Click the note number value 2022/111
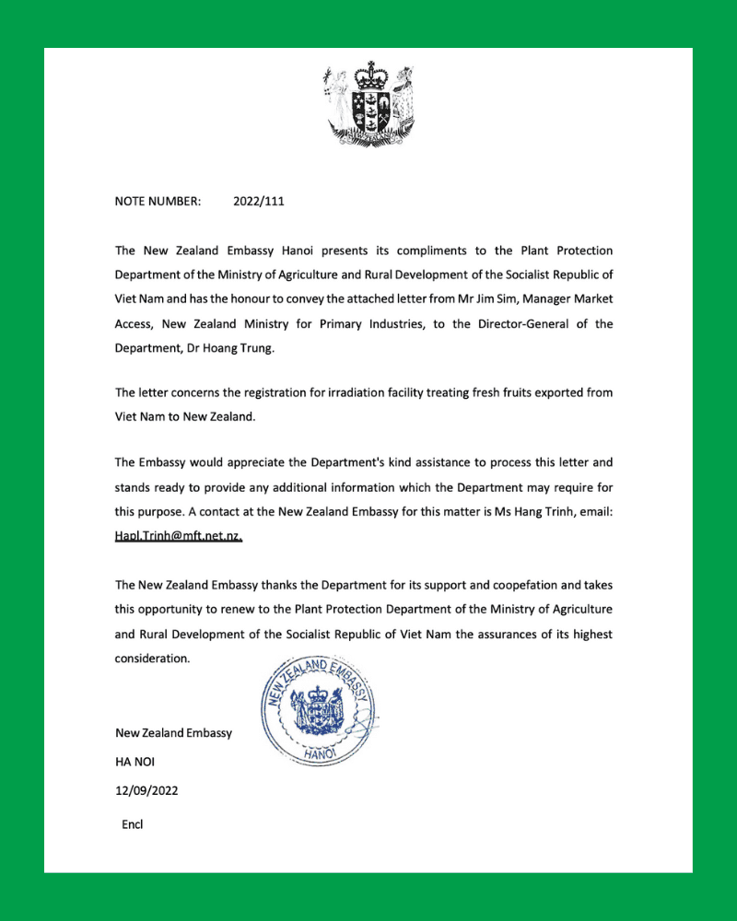click(260, 200)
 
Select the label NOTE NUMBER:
click(158, 200)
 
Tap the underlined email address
click(179, 536)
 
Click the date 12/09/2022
click(146, 790)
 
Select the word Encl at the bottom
click(133, 824)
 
